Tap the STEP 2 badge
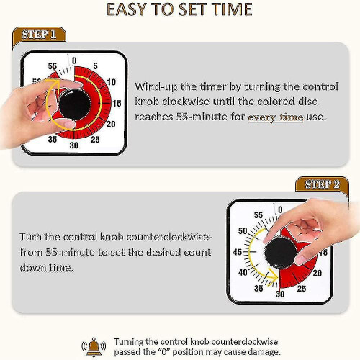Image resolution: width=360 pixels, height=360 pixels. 322,184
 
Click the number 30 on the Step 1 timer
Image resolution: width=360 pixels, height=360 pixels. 73,145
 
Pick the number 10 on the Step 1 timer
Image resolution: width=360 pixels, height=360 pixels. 110,81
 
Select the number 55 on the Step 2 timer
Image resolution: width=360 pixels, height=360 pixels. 257,214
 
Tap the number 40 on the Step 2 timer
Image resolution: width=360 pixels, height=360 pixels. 242,273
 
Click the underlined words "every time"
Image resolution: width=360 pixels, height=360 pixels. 276,117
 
